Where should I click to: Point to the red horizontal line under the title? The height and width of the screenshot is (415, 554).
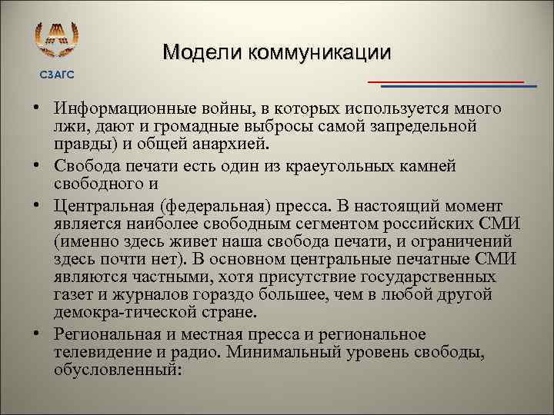(446, 81)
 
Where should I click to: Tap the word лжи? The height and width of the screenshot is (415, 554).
(68, 125)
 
